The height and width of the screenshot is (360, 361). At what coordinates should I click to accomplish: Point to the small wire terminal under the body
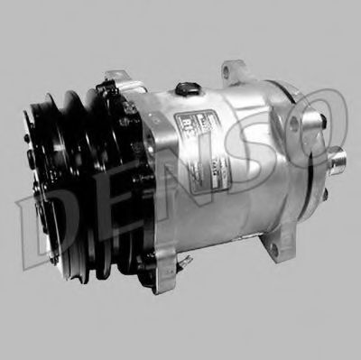tap(184, 259)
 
